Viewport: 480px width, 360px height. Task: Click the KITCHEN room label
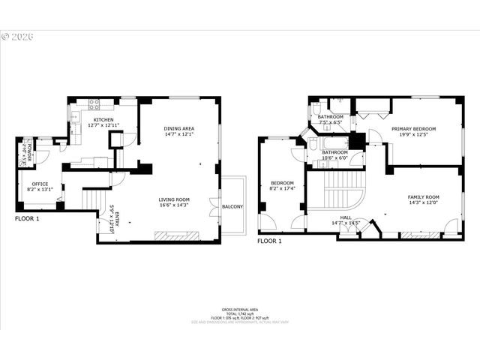pyautogui.click(x=103, y=120)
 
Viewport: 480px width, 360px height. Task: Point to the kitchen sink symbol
pyautogui.click(x=74, y=115)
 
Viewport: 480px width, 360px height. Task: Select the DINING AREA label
pyautogui.click(x=179, y=129)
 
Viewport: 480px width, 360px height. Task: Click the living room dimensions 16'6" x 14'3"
pyautogui.click(x=174, y=205)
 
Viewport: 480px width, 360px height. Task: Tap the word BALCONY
pyautogui.click(x=232, y=206)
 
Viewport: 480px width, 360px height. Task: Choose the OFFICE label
pyautogui.click(x=40, y=184)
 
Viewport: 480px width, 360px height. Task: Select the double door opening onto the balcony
pyautogui.click(x=217, y=206)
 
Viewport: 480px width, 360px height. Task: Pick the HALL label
pyautogui.click(x=346, y=217)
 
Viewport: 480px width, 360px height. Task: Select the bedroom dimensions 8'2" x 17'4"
pyautogui.click(x=282, y=187)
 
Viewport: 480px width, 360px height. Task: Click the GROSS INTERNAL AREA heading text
pyautogui.click(x=239, y=309)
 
